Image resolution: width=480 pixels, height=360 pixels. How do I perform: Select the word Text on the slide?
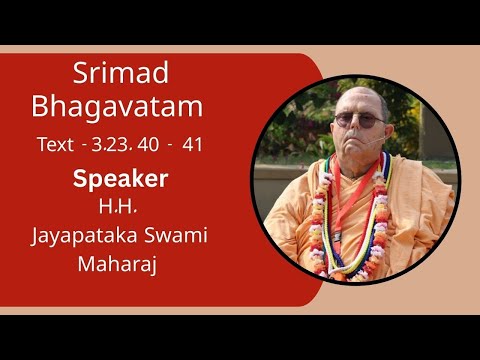click(54, 145)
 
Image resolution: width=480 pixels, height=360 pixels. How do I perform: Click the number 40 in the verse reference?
click(147, 145)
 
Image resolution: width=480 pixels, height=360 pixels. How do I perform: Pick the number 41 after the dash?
click(193, 145)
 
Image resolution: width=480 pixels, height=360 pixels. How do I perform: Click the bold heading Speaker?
click(120, 180)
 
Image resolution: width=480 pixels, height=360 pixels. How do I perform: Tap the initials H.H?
click(120, 208)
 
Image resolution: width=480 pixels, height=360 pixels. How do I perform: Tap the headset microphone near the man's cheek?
click(379, 149)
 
